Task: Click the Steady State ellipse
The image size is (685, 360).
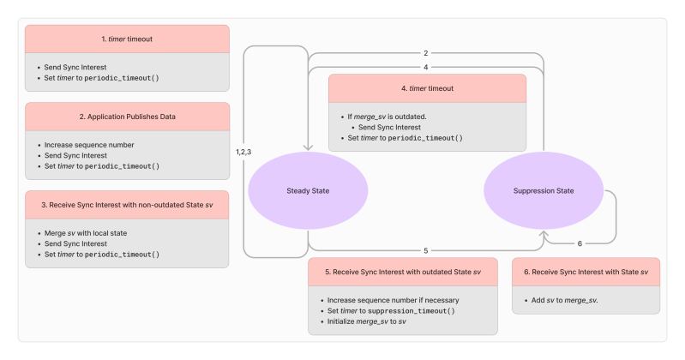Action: pos(308,190)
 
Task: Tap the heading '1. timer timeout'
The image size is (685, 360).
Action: pos(127,38)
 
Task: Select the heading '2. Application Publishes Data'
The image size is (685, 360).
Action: pos(127,117)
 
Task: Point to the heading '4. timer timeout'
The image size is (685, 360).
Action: pos(427,88)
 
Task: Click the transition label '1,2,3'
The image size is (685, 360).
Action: pos(243,151)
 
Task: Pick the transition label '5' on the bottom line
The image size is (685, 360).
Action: pos(425,250)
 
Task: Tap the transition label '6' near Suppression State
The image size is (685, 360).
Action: pos(580,243)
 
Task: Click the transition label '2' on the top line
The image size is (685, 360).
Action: pos(425,52)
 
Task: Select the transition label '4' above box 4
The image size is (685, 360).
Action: pos(425,66)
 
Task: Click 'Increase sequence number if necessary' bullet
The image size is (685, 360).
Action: pos(394,300)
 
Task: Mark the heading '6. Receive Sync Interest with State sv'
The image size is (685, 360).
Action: pos(586,271)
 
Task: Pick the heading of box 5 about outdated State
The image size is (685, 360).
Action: pos(403,271)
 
